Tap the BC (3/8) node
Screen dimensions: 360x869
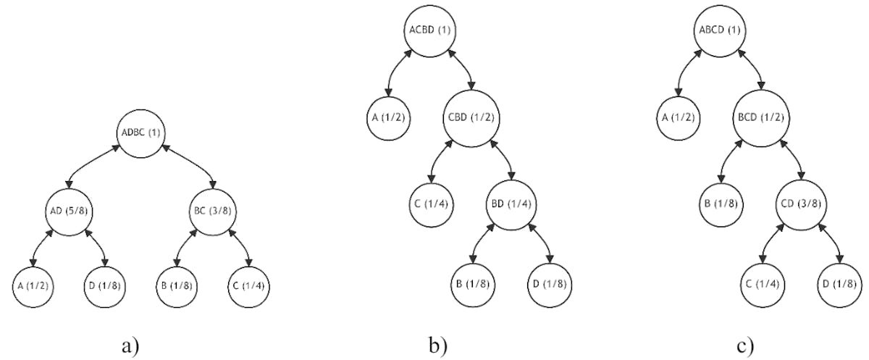tap(213, 210)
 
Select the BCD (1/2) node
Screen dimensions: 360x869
tap(758, 117)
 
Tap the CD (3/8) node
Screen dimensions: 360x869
tap(800, 205)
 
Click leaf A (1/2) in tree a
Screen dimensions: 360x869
tap(33, 285)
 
